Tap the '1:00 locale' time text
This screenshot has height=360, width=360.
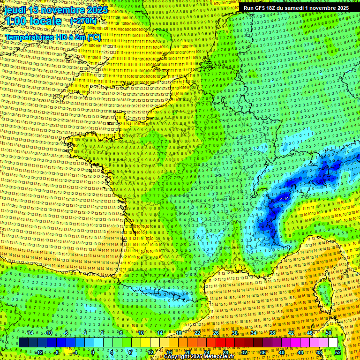pos(33,21)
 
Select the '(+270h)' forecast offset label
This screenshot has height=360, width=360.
pos(83,21)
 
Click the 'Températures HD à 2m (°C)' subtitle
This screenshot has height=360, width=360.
pos(53,37)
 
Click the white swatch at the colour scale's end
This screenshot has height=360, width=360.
pos(333,343)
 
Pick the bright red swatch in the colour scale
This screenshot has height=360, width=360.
pos(220,343)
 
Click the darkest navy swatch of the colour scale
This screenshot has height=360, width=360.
pos(23,343)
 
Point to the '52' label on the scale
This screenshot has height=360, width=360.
pos(338,352)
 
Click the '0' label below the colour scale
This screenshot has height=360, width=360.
pos(93,352)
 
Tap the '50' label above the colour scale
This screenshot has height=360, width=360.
pos(328,333)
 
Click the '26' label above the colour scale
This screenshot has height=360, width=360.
pos(216,333)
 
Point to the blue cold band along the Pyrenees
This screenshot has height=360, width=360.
pos(169,295)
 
